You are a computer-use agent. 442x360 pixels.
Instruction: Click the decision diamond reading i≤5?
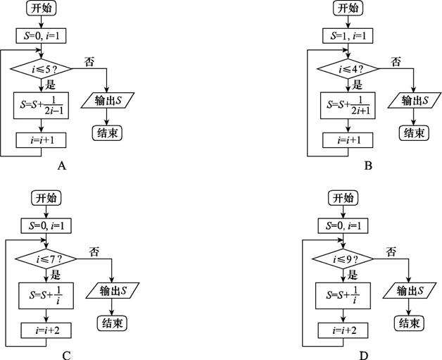42,70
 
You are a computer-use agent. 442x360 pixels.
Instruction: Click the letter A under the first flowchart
62,166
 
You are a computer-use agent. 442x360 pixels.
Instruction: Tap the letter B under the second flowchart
367,166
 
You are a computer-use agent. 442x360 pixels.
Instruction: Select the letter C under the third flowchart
66,355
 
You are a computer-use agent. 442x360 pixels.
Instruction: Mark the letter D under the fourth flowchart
363,355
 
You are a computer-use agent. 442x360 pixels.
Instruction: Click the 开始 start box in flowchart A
42,9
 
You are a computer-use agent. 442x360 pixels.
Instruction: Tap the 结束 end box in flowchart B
412,132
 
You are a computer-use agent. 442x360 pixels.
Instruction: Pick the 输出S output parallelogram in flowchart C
113,290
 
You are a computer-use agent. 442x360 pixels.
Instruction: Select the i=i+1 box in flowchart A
42,140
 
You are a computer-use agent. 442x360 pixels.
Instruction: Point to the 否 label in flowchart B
396,61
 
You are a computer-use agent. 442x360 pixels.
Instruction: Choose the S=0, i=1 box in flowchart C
47,226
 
